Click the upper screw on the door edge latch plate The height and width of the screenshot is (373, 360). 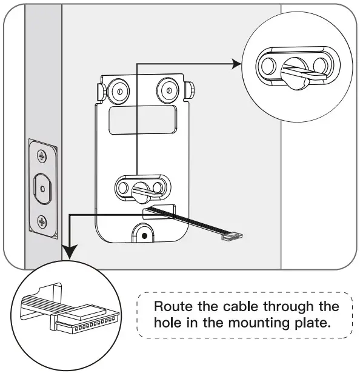click(42, 156)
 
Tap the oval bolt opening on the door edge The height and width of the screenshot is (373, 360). click(42, 189)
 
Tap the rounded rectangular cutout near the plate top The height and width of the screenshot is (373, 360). click(142, 119)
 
